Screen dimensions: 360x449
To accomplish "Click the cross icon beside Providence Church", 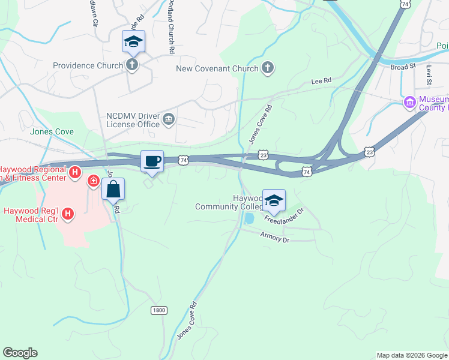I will tap(131, 65).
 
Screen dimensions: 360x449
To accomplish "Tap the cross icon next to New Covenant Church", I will tap(268, 68).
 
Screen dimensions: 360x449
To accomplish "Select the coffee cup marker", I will tap(152, 161).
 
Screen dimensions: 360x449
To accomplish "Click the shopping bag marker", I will tap(113, 189).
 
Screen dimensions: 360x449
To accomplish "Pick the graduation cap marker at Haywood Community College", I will tap(274, 200).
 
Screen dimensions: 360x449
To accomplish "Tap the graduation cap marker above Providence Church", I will tap(133, 41).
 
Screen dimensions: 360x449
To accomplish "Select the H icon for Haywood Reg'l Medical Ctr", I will tap(68, 213).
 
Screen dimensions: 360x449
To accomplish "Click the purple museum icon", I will tap(410, 103).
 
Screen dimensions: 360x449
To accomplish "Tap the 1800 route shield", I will tap(158, 310).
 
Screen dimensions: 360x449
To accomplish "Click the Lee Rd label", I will tap(321, 80).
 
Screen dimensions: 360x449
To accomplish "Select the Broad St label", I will tap(403, 67).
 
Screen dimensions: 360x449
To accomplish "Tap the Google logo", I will tap(20, 353).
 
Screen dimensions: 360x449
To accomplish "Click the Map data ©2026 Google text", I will tap(411, 355).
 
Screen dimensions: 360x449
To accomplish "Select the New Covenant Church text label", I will tap(217, 68).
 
